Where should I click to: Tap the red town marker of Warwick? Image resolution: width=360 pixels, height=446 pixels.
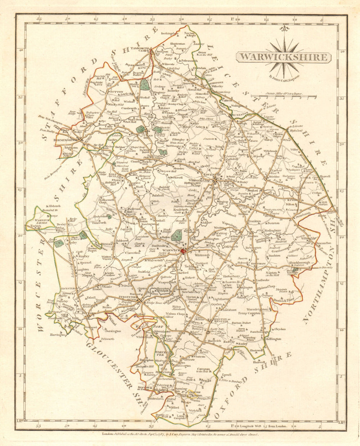click(x=184, y=251)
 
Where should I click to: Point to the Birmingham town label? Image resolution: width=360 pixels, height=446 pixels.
click(x=65, y=139)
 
